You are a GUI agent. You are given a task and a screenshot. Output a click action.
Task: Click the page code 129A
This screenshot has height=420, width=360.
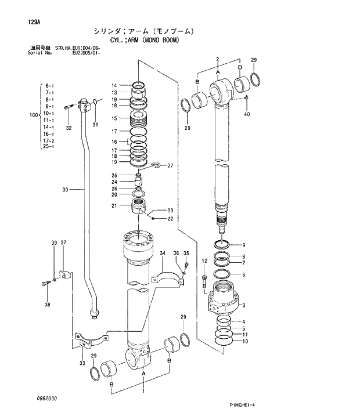34,23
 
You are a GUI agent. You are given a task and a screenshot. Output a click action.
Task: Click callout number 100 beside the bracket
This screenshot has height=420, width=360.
33,115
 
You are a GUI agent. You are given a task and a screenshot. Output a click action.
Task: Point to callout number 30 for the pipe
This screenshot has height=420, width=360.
64,189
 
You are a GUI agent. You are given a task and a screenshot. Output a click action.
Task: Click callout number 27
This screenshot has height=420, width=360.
171,165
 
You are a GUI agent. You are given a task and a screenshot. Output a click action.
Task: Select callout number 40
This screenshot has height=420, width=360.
247,114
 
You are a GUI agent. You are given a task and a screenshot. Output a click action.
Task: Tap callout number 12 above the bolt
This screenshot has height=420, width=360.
204,262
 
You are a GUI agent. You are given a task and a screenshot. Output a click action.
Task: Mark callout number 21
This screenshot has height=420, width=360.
114,207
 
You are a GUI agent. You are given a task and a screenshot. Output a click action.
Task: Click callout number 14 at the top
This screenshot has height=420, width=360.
114,86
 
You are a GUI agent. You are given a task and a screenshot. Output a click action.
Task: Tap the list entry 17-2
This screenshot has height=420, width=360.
49,140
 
